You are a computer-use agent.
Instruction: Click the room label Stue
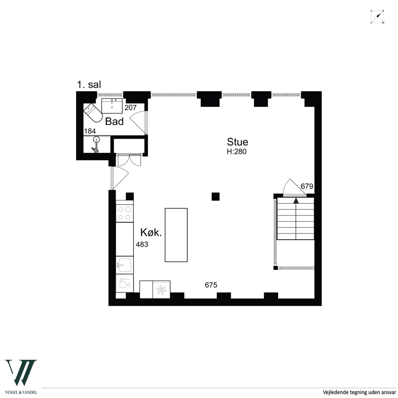pos(237,142)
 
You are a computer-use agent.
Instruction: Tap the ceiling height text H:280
pos(237,152)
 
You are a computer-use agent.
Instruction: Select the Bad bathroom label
pos(114,121)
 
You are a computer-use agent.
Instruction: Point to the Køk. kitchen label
pos(151,232)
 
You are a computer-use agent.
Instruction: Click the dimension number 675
pos(211,285)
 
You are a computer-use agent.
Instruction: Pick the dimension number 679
pos(307,186)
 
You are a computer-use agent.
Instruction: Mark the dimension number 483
pos(142,245)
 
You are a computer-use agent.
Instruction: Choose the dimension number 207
pos(131,108)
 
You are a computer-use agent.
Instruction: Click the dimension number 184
pos(90,131)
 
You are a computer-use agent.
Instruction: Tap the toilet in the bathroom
pos(93,113)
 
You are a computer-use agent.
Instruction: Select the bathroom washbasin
pos(112,106)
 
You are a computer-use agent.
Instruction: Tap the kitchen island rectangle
pos(176,235)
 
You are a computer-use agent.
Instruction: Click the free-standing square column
pos(215,197)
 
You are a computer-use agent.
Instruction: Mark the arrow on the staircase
pos(296,200)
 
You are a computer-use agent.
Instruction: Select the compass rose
pos(377,17)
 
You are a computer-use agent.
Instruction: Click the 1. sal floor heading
pos(89,85)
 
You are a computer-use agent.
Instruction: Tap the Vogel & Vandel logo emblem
pos(21,372)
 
